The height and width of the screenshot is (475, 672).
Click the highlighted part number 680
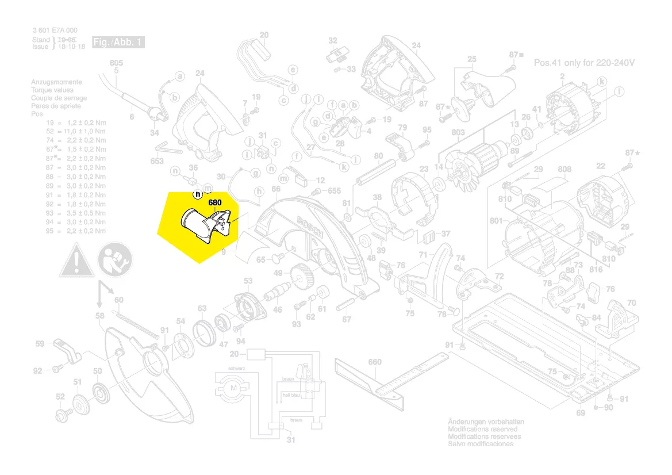point(215,202)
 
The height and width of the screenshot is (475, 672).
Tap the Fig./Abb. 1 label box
point(118,43)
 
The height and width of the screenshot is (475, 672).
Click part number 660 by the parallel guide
point(374,362)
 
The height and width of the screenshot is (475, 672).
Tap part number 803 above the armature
point(458,133)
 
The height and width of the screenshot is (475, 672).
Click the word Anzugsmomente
point(56,82)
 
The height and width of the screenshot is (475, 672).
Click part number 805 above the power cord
point(116,63)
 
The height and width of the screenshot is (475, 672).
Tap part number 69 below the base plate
point(581,413)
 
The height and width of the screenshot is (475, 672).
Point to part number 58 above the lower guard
point(100,316)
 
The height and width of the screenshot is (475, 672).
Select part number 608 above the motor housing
point(565,169)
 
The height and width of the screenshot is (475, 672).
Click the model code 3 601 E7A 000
point(55,30)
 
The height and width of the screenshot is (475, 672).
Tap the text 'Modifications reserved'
point(482,429)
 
